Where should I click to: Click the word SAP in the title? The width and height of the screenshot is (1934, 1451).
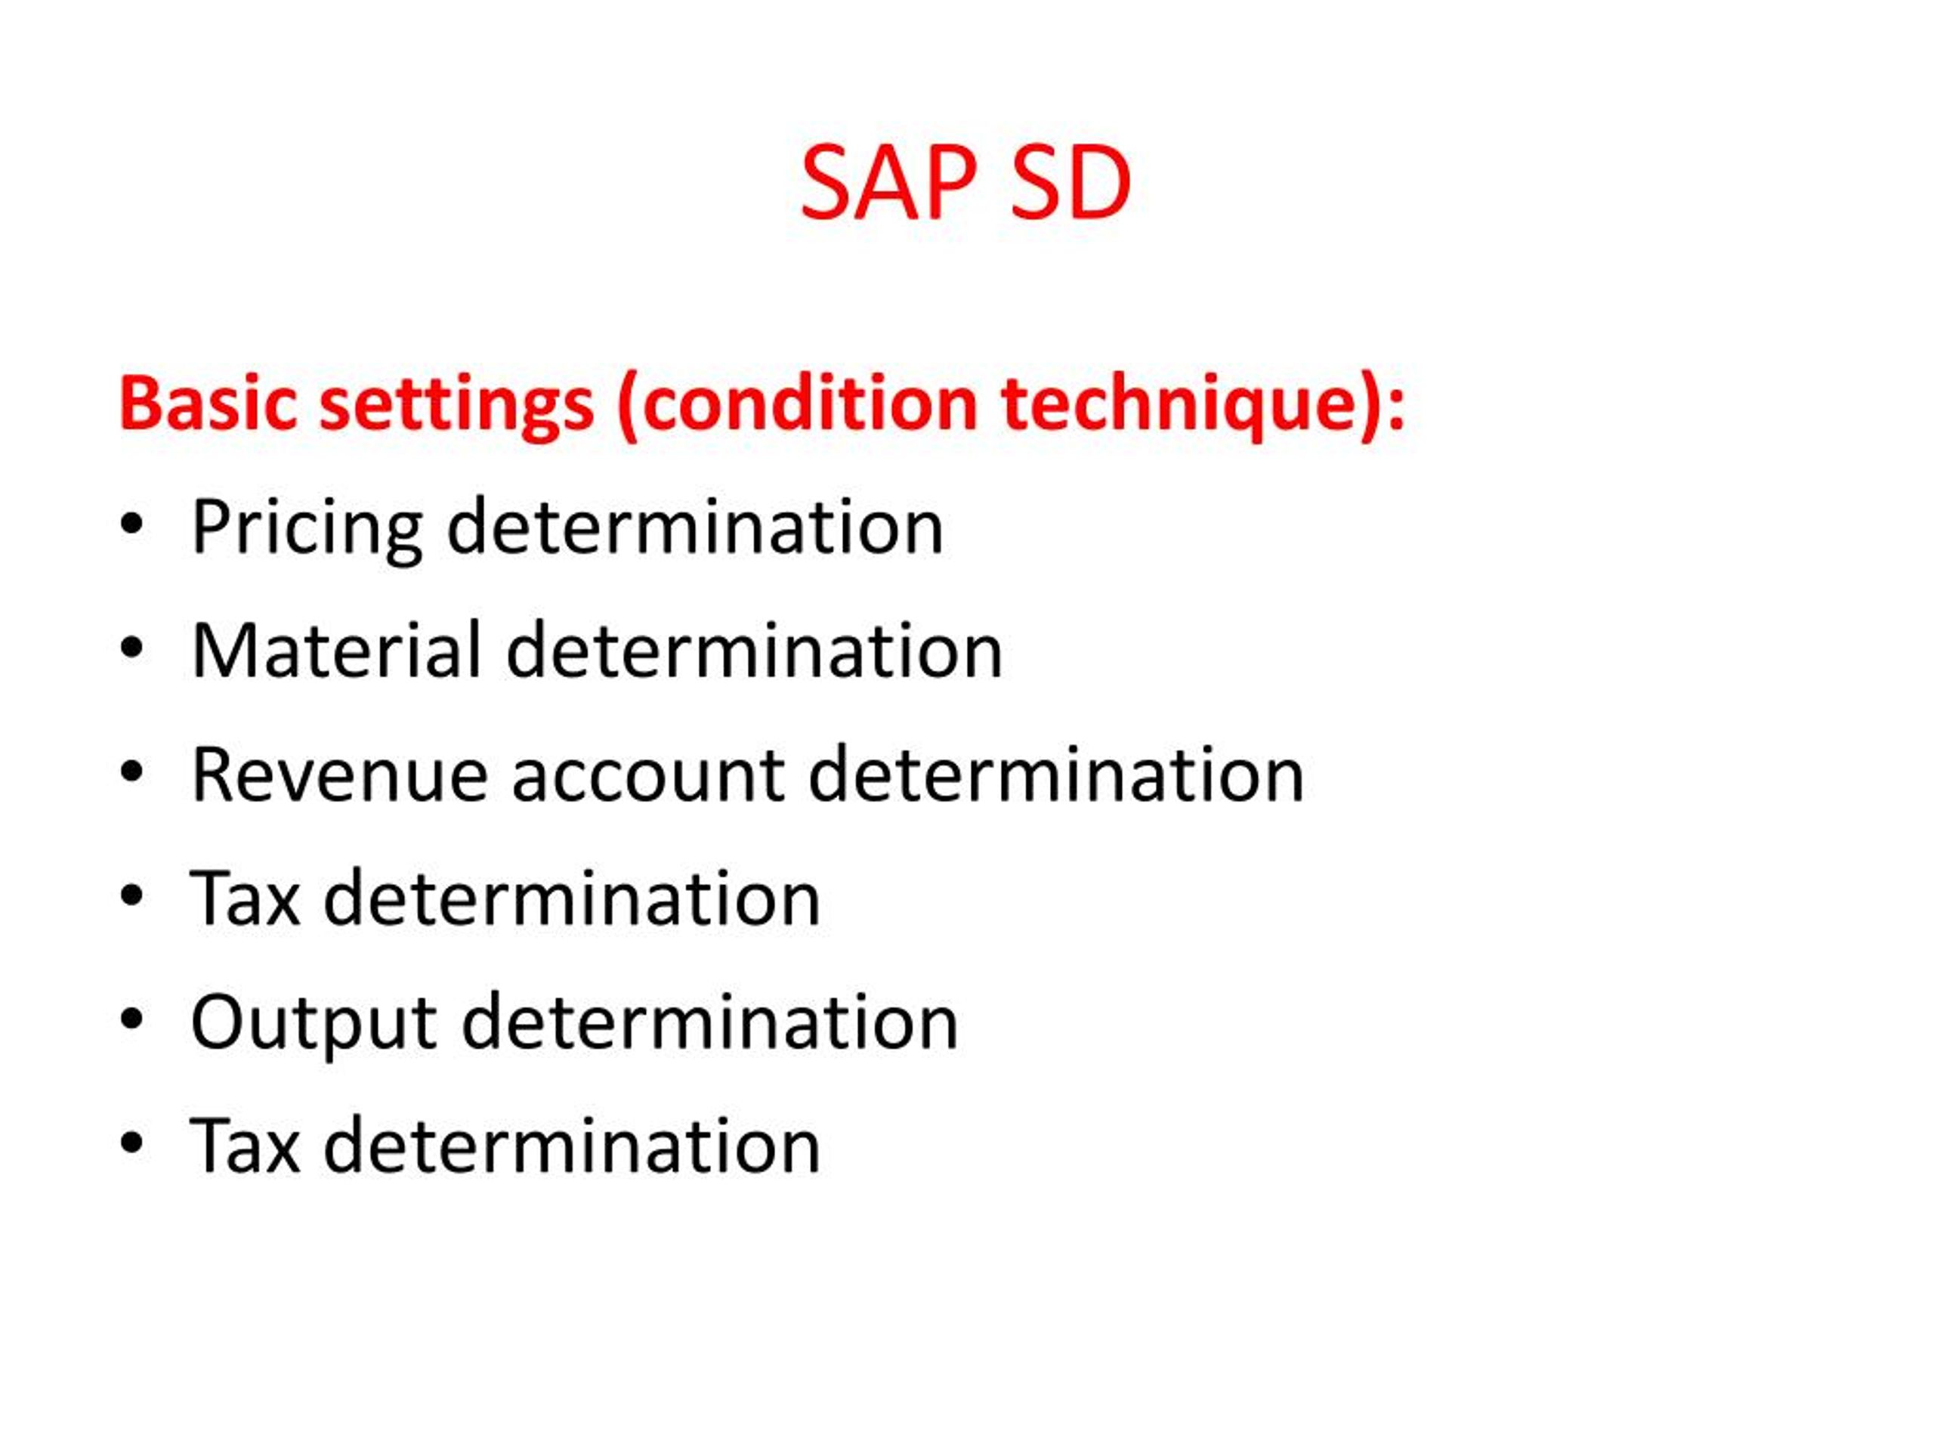click(x=888, y=184)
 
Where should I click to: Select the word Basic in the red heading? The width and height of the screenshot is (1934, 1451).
click(x=209, y=404)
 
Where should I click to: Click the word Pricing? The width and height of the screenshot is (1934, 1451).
click(x=306, y=528)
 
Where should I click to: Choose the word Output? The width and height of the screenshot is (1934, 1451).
click(x=313, y=1023)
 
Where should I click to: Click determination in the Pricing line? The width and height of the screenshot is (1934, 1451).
click(x=695, y=527)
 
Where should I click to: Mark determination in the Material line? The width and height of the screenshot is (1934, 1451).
click(x=755, y=651)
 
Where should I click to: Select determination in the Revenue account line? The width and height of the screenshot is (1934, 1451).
click(x=1056, y=776)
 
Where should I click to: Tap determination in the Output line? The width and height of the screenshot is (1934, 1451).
click(x=710, y=1023)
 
